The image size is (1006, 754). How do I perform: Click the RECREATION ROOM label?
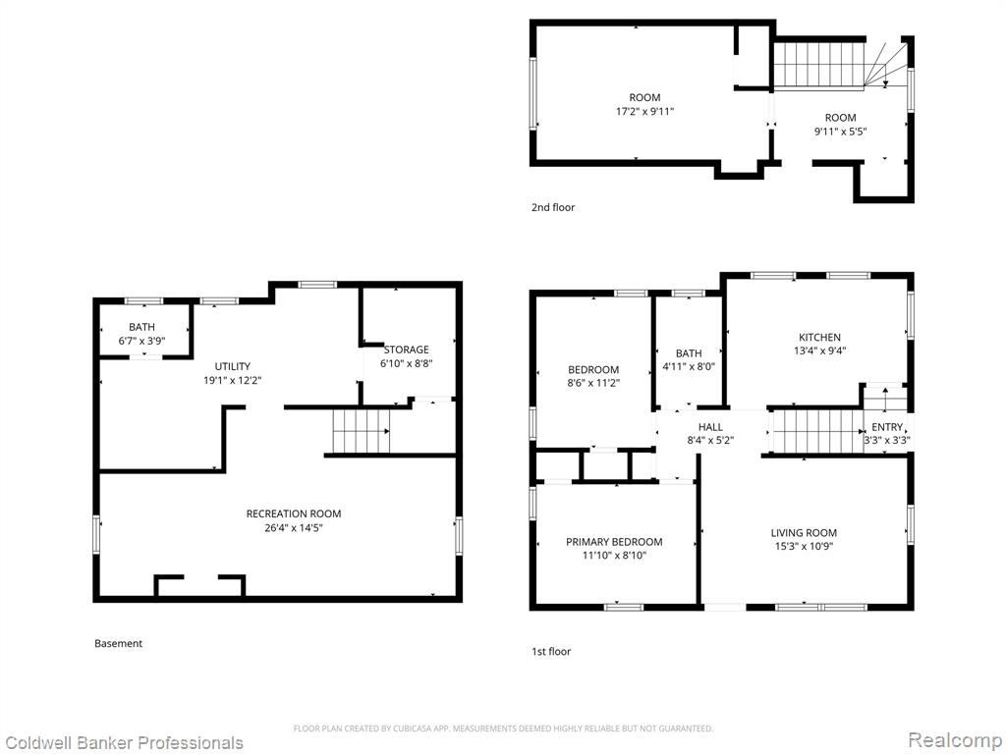tap(294, 513)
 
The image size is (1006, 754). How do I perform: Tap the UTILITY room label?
tap(232, 366)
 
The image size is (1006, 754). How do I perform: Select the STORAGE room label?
tap(406, 350)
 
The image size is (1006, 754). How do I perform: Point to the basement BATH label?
tap(141, 327)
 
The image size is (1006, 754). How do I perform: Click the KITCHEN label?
tap(819, 338)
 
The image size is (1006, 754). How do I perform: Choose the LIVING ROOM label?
tap(804, 533)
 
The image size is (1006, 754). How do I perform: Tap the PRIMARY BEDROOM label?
tap(614, 542)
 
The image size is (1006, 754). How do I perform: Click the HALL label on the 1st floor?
tap(710, 427)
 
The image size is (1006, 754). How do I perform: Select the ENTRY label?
tap(887, 427)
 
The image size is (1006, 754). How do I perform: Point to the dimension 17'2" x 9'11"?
tap(644, 112)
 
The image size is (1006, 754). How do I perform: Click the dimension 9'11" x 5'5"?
tap(841, 132)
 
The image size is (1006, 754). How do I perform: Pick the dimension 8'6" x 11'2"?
tap(593, 384)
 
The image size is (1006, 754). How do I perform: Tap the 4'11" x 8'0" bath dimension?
tap(689, 367)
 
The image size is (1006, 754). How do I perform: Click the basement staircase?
tap(361, 431)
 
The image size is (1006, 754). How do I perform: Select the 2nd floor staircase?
tap(841, 64)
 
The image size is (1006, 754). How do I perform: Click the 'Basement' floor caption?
tap(118, 643)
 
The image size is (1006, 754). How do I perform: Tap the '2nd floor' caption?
tap(553, 207)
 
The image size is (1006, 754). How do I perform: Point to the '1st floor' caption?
tap(551, 652)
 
